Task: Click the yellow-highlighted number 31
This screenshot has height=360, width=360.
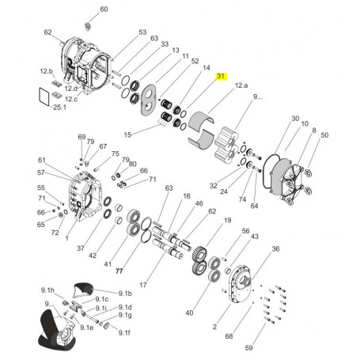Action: [x=221, y=76]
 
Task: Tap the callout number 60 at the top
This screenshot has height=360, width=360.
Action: [x=104, y=9]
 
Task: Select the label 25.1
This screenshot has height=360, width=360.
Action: [x=59, y=108]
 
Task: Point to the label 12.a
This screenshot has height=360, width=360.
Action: [x=241, y=85]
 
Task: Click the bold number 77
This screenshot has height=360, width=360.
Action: [x=119, y=271]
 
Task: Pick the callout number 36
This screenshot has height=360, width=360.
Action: [x=275, y=248]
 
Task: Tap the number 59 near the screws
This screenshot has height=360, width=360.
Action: [x=248, y=347]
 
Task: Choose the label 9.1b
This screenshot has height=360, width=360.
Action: [x=125, y=294]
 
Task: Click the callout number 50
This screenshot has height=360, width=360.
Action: [x=324, y=135]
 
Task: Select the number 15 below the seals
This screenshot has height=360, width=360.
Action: [x=127, y=135]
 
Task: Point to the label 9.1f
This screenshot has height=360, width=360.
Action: [x=124, y=333]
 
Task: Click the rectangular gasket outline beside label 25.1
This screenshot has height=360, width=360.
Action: [x=44, y=97]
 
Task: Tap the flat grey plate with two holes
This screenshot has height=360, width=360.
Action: [x=148, y=100]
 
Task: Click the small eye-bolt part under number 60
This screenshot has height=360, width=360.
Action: [x=88, y=27]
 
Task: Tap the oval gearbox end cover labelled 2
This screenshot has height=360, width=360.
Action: [x=239, y=284]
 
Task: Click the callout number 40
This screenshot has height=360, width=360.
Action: [x=189, y=313]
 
